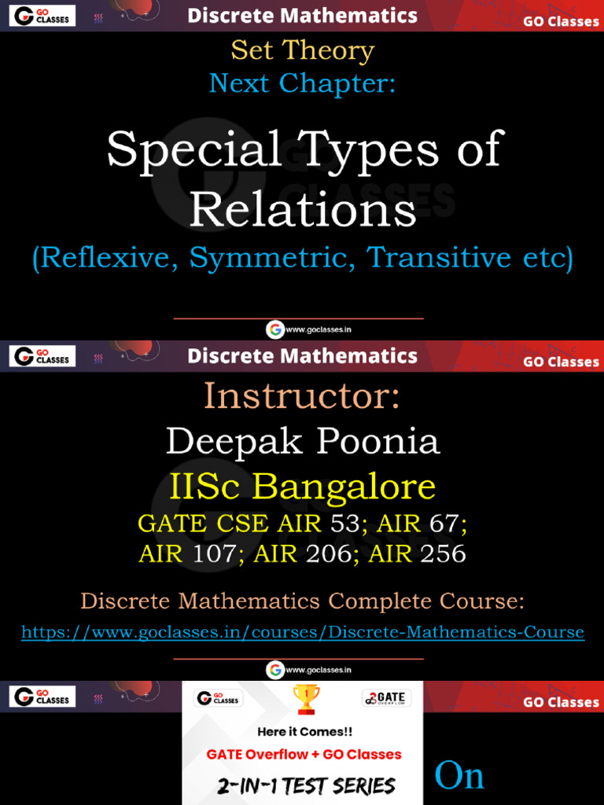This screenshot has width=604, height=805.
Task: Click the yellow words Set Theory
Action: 302,51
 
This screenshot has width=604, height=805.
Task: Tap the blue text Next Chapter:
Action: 302,83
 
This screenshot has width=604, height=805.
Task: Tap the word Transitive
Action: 440,258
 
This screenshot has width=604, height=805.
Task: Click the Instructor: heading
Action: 302,395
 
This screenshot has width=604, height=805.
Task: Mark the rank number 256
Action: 443,554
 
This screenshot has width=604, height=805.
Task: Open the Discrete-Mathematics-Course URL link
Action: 303,632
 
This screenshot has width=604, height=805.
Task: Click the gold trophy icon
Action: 305,699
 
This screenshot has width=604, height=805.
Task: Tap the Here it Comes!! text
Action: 305,731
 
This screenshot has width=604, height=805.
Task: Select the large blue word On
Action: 459,776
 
